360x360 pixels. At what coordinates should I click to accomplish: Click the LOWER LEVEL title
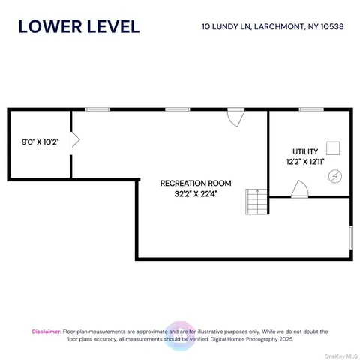pos(78,26)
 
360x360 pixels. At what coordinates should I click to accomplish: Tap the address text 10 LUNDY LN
pos(226,27)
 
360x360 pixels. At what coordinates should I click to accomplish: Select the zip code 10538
pos(328,27)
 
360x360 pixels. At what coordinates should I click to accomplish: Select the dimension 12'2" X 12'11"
pos(305,161)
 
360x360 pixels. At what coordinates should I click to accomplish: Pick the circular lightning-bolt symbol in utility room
pos(335,175)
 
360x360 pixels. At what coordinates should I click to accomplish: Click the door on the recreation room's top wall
pos(235,117)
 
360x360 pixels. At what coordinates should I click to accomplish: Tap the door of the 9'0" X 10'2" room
pos(75,139)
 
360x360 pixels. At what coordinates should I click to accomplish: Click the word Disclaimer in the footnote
pos(46,331)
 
